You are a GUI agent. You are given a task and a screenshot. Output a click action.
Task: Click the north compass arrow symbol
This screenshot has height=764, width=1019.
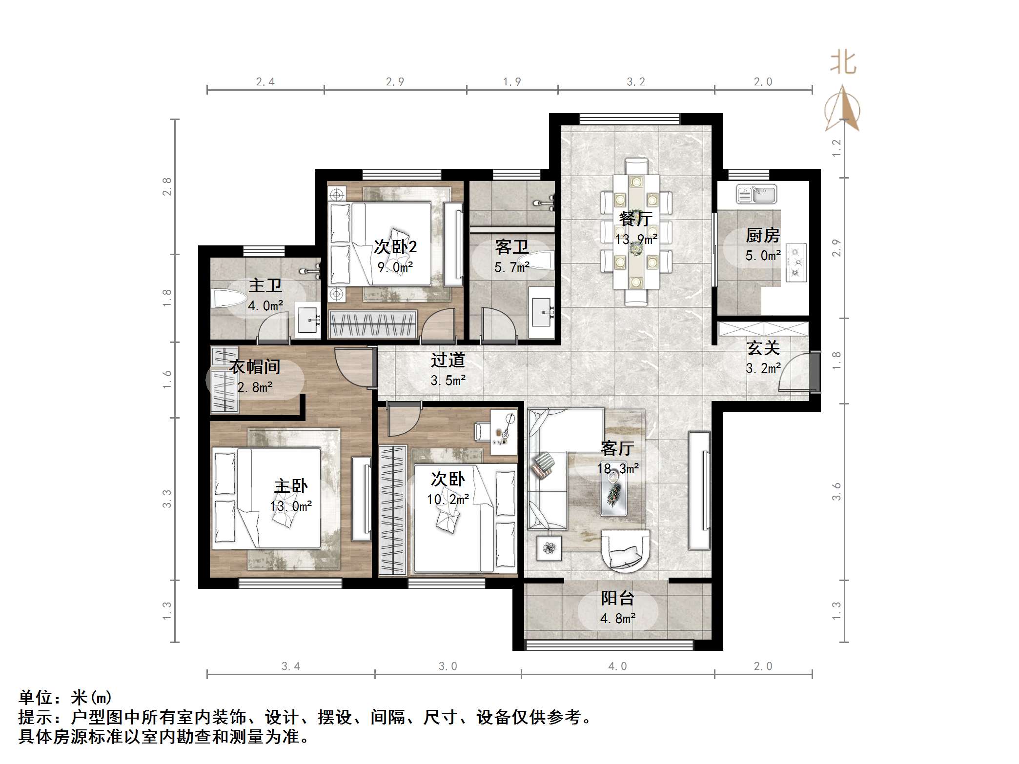(842, 109)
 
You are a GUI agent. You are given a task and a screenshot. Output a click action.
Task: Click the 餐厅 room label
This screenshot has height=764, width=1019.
(635, 219)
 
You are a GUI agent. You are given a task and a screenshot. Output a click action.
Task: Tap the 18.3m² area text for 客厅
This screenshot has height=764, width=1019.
(618, 469)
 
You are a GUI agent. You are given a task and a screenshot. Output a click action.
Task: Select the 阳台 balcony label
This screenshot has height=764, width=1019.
(617, 598)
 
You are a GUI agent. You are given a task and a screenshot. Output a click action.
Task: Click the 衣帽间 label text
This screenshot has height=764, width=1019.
(255, 366)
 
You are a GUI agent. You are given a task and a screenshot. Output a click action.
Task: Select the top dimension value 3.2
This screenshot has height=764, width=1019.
(636, 82)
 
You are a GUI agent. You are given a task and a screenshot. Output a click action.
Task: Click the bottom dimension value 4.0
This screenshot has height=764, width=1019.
(617, 666)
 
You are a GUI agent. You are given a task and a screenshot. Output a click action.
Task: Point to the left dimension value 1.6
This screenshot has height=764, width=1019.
(167, 380)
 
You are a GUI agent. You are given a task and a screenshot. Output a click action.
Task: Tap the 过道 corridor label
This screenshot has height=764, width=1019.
(448, 361)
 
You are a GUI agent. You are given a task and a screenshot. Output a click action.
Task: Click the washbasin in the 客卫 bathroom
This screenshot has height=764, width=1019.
(542, 312)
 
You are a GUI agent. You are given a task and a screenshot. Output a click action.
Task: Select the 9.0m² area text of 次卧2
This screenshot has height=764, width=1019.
(395, 267)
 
